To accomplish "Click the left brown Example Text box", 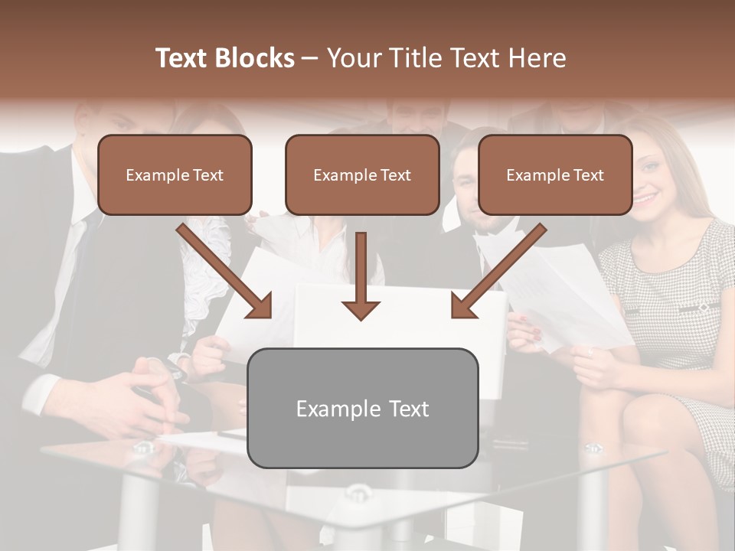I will [175, 175].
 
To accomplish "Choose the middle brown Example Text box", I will [362, 175].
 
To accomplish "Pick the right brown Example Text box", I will [555, 175].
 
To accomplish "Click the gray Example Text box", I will [363, 409].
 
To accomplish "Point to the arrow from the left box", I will [226, 271].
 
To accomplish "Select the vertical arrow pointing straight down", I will [361, 275].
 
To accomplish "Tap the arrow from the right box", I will [498, 271].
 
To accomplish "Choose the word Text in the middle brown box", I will [395, 175].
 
